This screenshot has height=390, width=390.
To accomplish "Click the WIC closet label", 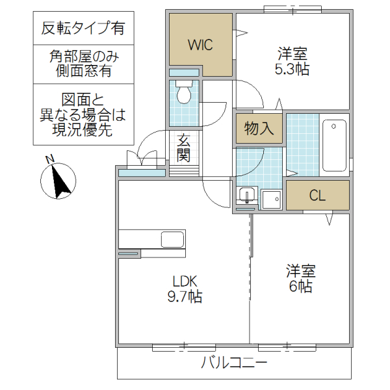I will coord(200,45).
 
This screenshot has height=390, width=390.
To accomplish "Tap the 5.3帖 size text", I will coord(292,70).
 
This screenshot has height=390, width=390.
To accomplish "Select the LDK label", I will coord(185,281).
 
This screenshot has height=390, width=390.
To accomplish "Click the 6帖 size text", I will coord(301,286).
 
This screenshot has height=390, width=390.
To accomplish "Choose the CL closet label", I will coord(317,196).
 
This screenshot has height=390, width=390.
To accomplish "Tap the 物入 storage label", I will coord(258,129).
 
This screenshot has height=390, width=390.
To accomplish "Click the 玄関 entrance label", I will coord(183,148).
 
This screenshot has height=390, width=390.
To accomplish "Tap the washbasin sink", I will coord(246,195).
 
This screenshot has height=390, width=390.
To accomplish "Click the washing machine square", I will coord(270,198).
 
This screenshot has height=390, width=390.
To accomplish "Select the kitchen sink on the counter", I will coord(172,239).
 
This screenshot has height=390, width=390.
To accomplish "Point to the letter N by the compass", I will coord(49,159).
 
